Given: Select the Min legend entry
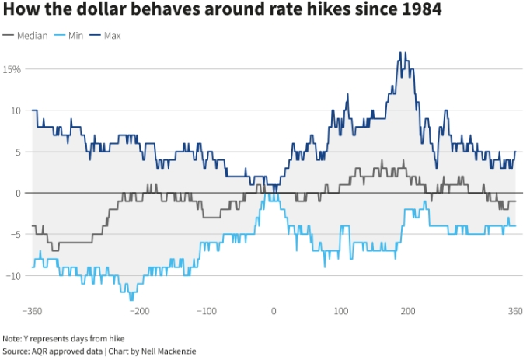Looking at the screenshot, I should pyautogui.click(x=74, y=36).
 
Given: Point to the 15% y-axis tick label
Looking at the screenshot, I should pyautogui.click(x=11, y=69).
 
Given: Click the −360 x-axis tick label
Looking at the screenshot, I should pyautogui.click(x=32, y=311).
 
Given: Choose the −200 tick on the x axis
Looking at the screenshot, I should pyautogui.click(x=139, y=311).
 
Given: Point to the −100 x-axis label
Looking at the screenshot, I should pyautogui.click(x=206, y=311).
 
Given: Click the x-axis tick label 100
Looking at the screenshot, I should pyautogui.click(x=340, y=311).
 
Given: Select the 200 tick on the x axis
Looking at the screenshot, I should pyautogui.click(x=408, y=311).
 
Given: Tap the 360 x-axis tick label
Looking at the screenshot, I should pyautogui.click(x=514, y=311).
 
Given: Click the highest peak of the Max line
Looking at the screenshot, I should pyautogui.click(x=400, y=53).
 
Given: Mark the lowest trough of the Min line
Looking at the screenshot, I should pyautogui.click(x=131, y=299).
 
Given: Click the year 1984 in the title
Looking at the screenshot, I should pyautogui.click(x=420, y=12).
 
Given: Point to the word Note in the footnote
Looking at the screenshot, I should pyautogui.click(x=12, y=338).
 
